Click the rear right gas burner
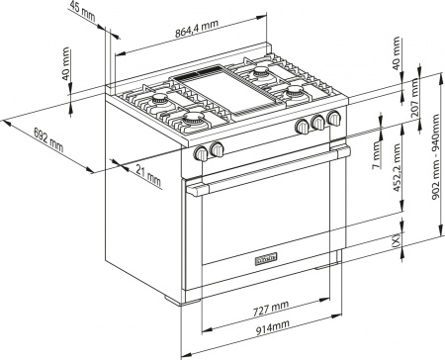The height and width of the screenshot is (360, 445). pos(262,72)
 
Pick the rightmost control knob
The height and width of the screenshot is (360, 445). pos(333,120)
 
